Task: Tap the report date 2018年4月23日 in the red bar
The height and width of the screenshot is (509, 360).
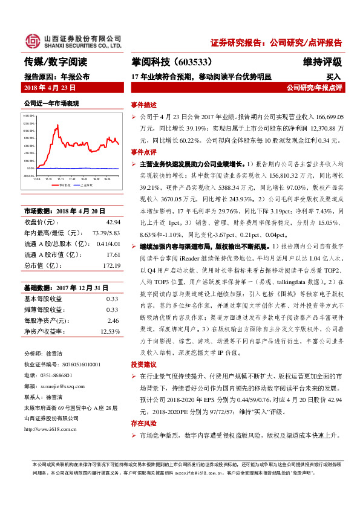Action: coord(49,88)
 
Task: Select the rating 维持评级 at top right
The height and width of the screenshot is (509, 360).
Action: coord(322,62)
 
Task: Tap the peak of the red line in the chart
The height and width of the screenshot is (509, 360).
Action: coord(57,125)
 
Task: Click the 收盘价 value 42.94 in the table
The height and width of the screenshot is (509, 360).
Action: coord(114,222)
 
